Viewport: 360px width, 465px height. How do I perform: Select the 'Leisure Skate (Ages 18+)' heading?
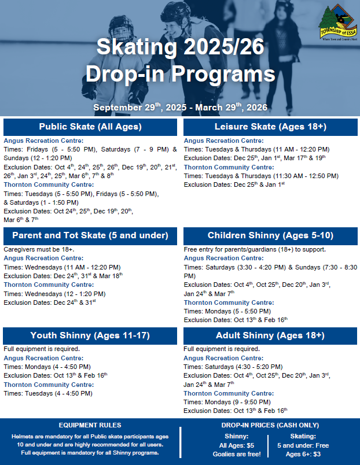270,127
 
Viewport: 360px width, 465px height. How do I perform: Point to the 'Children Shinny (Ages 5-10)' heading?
270,235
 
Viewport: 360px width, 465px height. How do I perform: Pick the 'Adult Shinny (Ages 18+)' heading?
270,335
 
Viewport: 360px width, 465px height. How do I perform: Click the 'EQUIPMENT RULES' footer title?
89,425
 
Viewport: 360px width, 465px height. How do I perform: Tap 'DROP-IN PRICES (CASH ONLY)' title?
270,425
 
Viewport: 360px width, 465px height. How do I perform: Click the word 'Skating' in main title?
135,47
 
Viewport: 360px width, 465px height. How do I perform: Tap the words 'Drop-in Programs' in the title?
180,74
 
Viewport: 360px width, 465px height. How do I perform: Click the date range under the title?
180,108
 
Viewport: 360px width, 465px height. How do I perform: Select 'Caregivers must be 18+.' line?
40,249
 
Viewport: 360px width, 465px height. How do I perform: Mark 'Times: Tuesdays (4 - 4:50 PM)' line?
48,393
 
